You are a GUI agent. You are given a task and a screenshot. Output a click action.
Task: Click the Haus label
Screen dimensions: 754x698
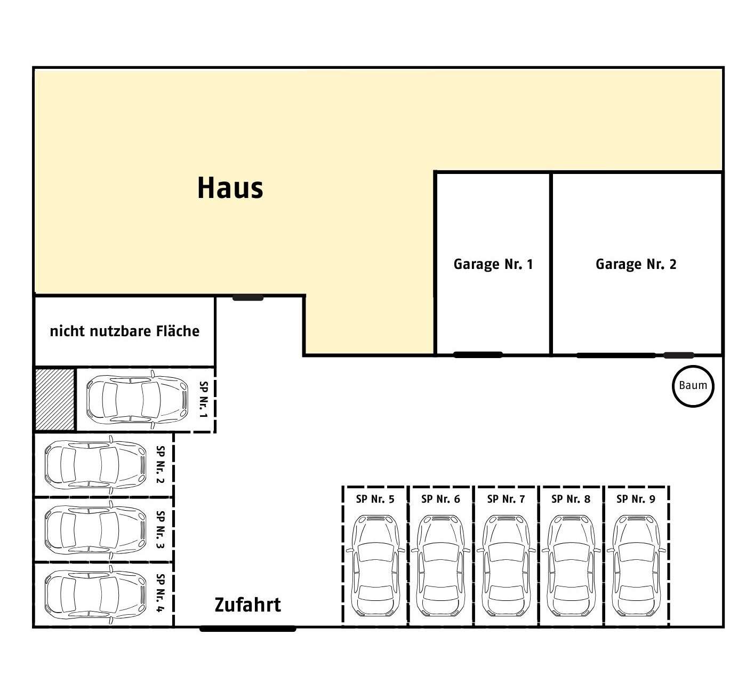click(230, 188)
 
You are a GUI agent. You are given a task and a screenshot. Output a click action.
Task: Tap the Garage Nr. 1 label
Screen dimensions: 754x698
click(493, 264)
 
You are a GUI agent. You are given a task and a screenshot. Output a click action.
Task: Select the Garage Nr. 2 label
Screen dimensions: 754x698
click(636, 264)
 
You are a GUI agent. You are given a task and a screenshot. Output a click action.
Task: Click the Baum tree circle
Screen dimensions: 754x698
click(693, 386)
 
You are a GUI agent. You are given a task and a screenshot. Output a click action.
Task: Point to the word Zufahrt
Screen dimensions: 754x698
click(247, 605)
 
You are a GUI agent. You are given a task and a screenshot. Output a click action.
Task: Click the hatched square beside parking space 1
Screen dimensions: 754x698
click(55, 399)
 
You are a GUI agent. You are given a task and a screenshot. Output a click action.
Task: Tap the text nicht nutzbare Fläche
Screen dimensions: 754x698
click(125, 331)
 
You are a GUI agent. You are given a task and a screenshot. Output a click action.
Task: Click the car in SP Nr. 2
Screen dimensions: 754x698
click(95, 465)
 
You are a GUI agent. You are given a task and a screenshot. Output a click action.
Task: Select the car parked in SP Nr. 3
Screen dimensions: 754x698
click(95, 530)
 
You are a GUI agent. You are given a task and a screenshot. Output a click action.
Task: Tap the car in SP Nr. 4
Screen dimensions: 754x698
click(95, 594)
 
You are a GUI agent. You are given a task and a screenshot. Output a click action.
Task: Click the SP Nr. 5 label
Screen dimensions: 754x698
click(375, 499)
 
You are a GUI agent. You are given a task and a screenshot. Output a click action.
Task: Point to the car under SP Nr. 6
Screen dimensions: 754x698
click(440, 566)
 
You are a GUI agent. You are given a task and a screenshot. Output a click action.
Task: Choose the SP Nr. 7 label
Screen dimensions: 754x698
click(506, 499)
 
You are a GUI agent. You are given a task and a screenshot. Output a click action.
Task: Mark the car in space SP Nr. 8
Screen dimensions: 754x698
click(571, 566)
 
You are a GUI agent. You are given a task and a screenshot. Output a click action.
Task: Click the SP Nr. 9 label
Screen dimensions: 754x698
click(636, 499)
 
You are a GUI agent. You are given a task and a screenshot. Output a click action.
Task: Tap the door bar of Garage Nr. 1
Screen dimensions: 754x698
click(478, 354)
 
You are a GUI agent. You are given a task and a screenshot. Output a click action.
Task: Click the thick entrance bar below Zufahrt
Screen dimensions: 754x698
click(248, 629)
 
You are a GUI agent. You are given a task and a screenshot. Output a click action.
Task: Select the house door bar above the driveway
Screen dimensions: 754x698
click(248, 298)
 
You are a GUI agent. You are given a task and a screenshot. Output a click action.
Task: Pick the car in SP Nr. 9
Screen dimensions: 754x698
click(636, 566)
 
